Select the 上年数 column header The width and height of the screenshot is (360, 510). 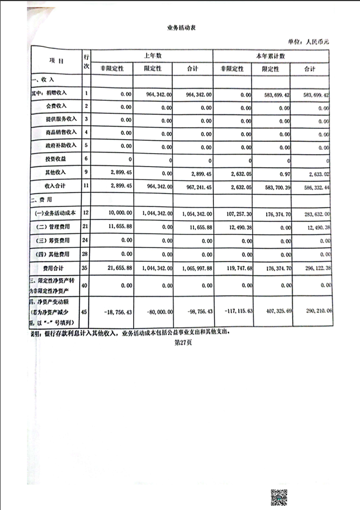pyautogui.click(x=153, y=56)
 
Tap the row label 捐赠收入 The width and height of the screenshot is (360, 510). pyautogui.click(x=63, y=94)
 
